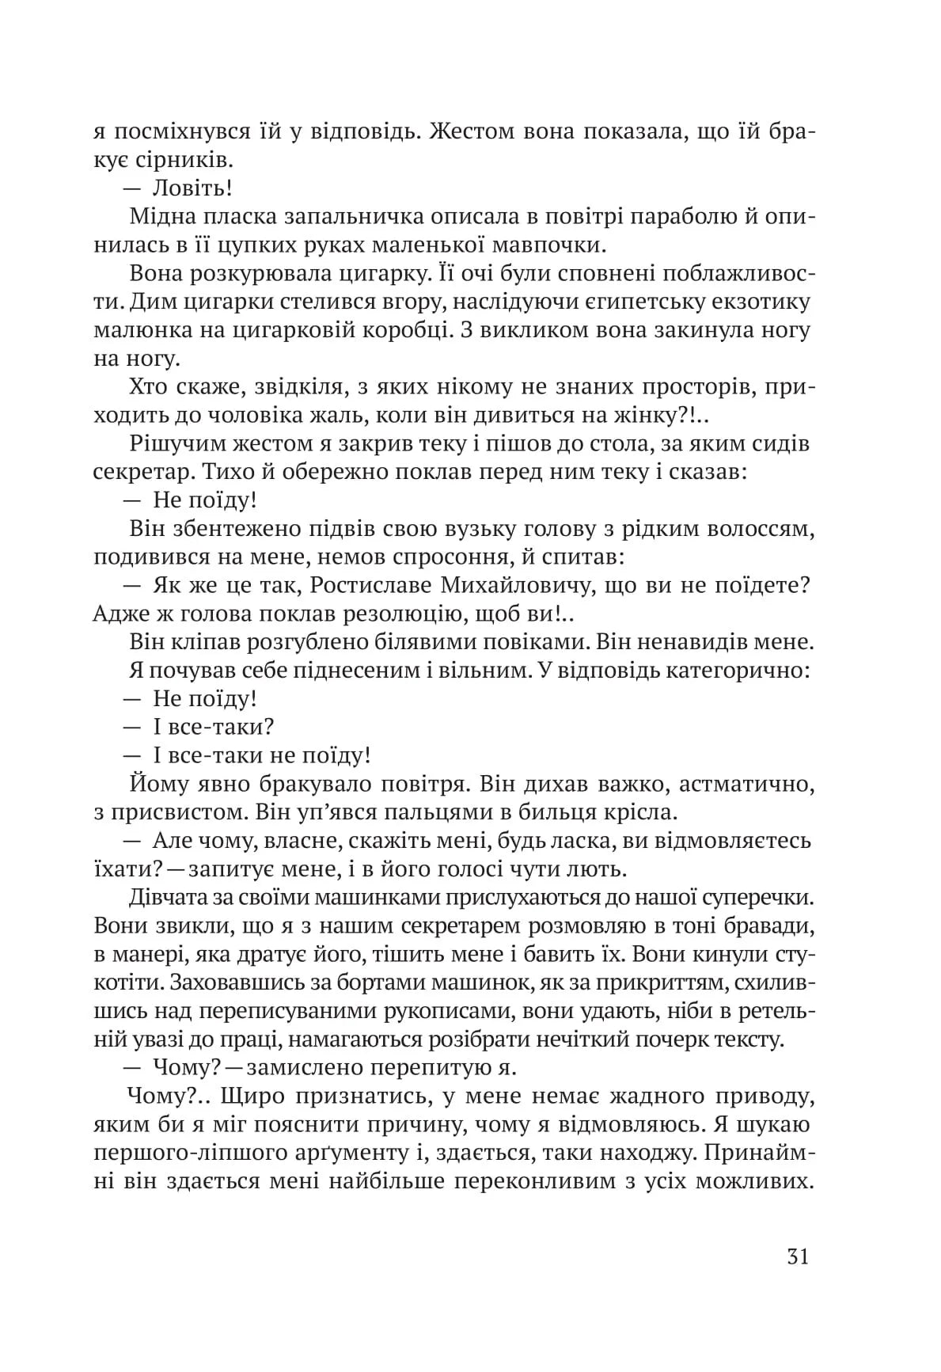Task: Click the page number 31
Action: tap(798, 1257)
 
